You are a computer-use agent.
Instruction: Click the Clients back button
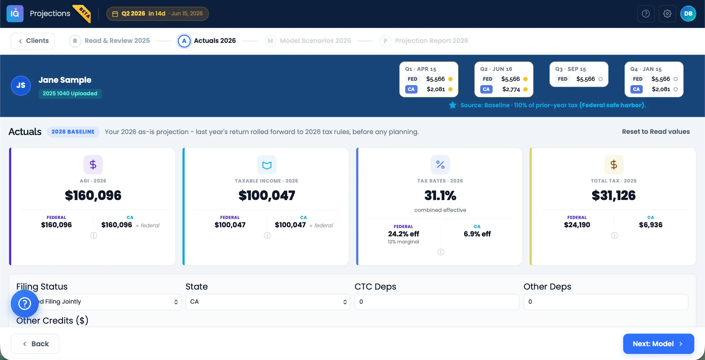coord(33,41)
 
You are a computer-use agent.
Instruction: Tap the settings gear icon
coord(667,14)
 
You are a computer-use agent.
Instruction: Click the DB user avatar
coord(688,14)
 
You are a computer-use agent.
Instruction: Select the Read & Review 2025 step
coord(110,41)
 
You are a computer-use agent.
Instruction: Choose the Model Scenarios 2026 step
coord(308,41)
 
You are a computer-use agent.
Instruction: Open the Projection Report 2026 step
coord(424,41)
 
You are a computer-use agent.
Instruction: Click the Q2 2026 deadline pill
coord(157,14)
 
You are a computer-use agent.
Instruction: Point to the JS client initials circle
coord(21,85)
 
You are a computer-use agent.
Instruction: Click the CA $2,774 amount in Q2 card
coord(511,89)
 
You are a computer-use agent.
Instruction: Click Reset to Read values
coord(656,132)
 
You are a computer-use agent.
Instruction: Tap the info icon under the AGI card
coord(93,235)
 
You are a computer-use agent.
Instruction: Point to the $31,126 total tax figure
coord(614,195)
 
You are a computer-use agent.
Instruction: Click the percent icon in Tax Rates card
coord(440,165)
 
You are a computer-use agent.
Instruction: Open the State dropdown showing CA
coord(268,302)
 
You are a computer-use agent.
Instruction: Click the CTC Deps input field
coord(437,302)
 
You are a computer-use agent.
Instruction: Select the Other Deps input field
coord(606,302)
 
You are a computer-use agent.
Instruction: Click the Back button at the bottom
coord(35,344)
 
